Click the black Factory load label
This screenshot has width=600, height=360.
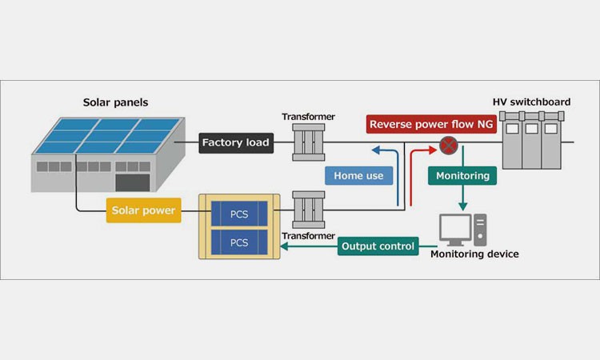236,143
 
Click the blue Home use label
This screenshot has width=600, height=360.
359,175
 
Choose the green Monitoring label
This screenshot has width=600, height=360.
462,175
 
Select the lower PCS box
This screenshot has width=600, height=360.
239,241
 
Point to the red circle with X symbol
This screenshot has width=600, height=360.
450,146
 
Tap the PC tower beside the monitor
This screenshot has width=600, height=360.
480,229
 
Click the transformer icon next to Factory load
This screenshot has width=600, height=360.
308,143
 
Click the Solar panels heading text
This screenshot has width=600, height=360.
116,102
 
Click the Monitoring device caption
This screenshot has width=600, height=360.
474,254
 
